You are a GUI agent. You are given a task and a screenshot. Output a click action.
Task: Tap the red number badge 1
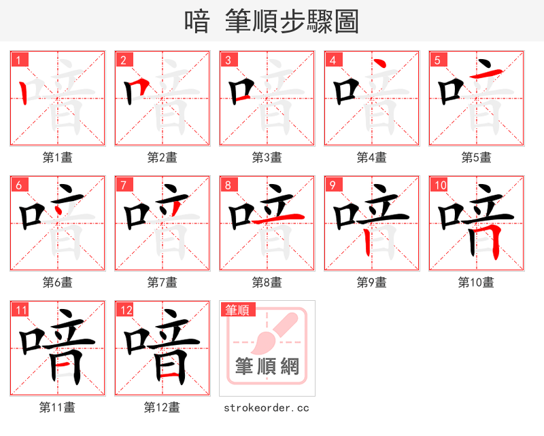click(18, 60)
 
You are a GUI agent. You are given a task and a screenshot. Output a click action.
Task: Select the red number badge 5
click(437, 60)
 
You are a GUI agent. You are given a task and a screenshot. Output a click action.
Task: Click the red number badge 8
click(227, 185)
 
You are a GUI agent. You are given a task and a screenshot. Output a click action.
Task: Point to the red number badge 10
click(439, 185)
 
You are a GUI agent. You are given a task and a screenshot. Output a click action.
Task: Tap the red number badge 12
click(125, 310)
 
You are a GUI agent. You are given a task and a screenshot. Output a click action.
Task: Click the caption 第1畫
click(58, 158)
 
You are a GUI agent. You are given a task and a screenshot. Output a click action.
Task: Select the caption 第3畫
click(267, 158)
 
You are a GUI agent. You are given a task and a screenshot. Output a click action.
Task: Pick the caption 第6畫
click(58, 282)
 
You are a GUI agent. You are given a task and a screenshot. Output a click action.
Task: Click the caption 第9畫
click(372, 282)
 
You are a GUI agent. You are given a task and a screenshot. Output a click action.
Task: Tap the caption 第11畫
click(58, 407)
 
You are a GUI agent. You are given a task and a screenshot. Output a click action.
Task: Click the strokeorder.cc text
click(267, 407)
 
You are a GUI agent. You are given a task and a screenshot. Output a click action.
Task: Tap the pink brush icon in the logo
click(272, 333)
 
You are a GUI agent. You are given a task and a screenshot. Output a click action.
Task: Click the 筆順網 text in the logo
click(267, 367)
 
